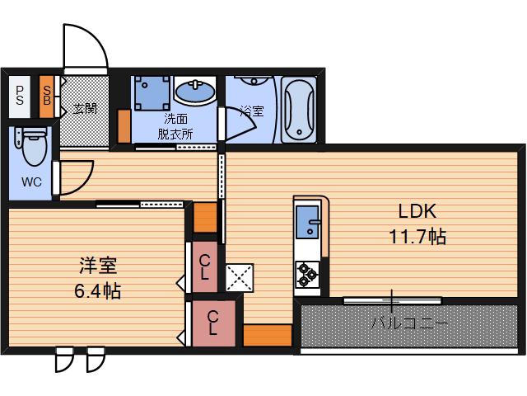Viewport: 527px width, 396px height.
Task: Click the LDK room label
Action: (417, 211)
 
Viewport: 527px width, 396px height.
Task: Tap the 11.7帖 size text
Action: (417, 237)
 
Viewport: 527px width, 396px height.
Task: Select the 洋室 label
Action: (98, 266)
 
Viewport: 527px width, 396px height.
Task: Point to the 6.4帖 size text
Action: (97, 291)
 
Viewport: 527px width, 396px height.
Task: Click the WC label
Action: (31, 182)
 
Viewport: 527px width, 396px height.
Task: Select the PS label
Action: (20, 96)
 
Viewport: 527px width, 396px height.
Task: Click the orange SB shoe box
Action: (47, 97)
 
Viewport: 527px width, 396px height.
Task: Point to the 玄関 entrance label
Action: (86, 108)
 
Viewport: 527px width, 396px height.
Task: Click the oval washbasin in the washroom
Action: (195, 92)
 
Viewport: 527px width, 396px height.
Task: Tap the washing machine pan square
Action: (152, 93)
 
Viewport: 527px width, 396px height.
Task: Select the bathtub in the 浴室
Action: (299, 110)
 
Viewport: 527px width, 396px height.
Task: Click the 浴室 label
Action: (252, 111)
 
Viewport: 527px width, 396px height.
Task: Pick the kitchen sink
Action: (307, 222)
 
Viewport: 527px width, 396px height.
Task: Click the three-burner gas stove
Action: (307, 275)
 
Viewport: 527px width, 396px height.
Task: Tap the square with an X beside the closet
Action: (240, 278)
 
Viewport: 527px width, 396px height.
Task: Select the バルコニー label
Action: (409, 323)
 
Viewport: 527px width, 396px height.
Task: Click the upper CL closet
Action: (204, 267)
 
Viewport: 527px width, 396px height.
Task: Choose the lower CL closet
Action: (213, 323)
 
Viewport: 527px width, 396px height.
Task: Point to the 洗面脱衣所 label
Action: (175, 126)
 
